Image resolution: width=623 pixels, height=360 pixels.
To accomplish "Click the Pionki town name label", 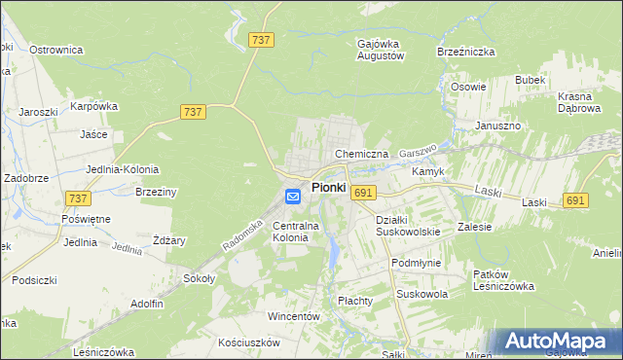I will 329,187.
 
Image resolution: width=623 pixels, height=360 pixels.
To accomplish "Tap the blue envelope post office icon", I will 293,197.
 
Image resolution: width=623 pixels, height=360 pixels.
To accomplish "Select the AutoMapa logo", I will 555,342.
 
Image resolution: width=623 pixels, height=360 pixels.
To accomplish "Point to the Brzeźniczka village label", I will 466,51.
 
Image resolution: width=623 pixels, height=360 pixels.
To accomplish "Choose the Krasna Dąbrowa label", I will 582,103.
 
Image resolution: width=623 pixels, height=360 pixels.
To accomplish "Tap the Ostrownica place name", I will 55,49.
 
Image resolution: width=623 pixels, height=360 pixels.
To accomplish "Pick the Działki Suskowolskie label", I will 408,226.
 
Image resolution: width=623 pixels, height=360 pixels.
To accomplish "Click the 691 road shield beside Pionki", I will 363,193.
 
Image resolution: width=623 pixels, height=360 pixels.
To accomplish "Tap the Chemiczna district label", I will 361,154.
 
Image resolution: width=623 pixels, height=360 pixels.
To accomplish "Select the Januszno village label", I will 498,126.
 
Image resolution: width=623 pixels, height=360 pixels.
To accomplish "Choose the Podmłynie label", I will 416,263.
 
